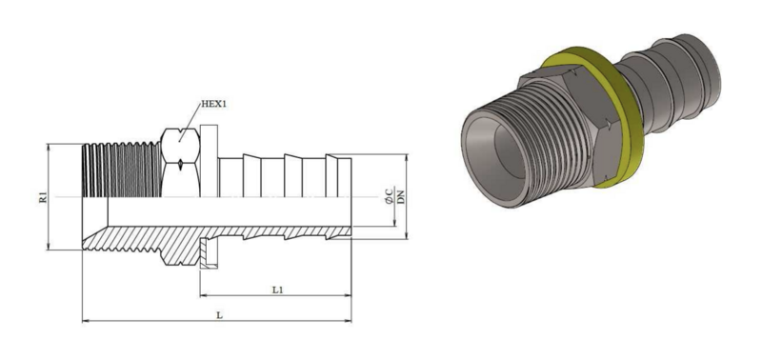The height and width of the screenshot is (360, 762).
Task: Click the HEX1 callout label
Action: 213,104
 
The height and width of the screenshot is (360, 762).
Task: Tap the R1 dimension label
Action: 43,197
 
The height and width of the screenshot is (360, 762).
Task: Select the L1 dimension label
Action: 277,290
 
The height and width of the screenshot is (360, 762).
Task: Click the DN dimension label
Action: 401,197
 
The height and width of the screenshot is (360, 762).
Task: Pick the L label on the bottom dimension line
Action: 219,315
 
